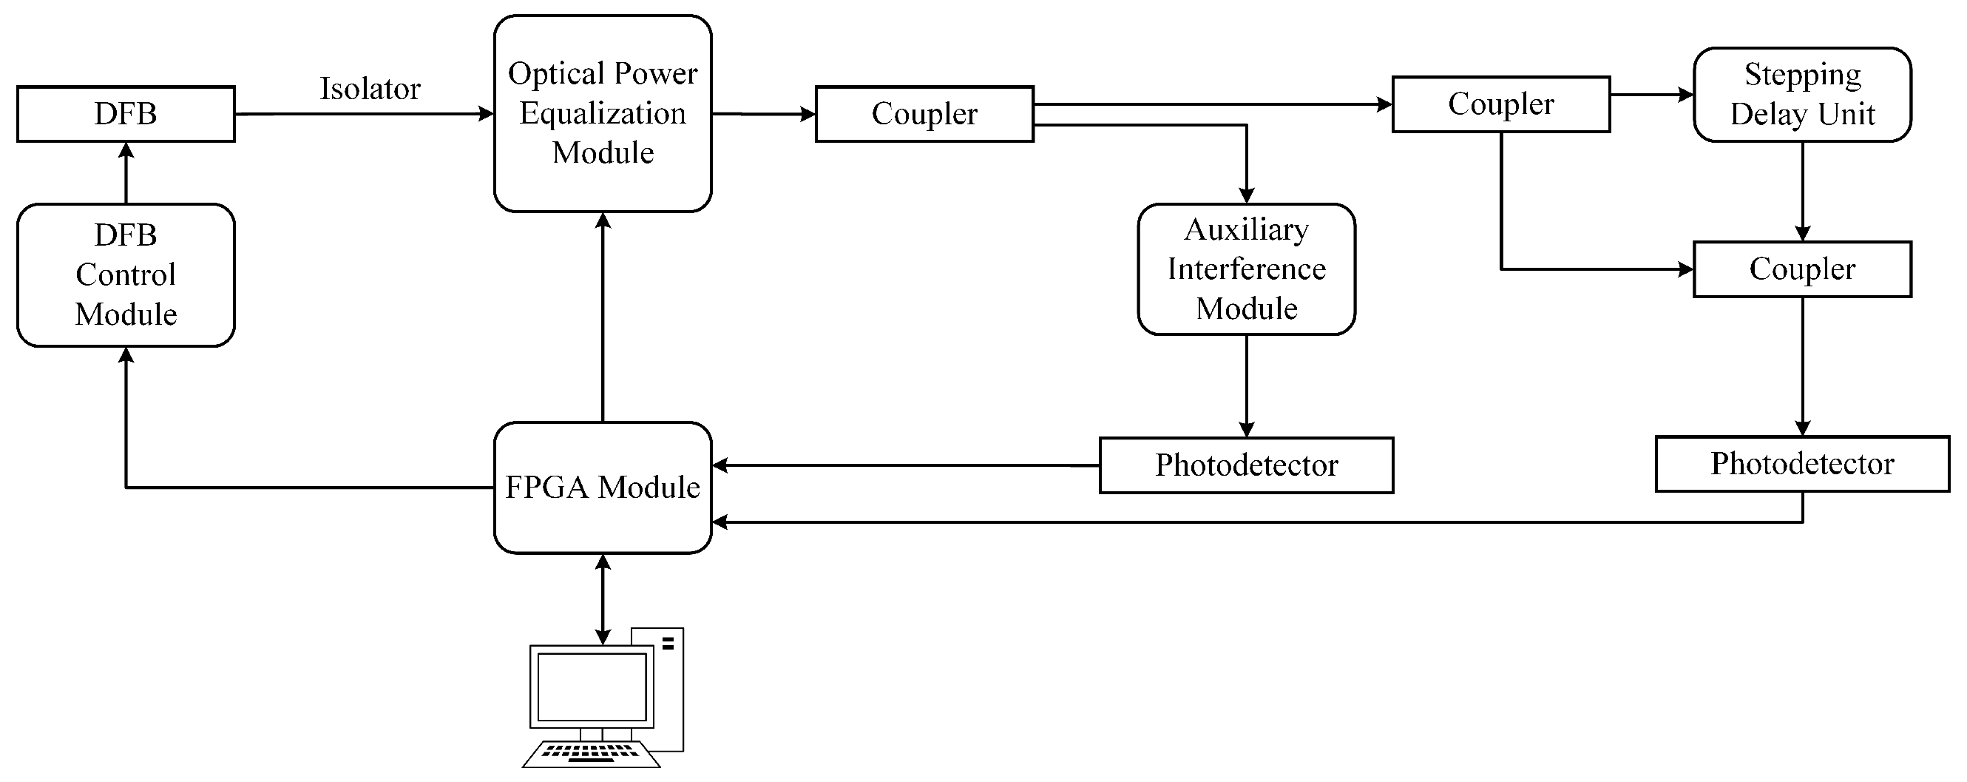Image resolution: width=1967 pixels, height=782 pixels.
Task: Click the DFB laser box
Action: click(126, 114)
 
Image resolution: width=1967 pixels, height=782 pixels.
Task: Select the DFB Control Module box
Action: click(126, 275)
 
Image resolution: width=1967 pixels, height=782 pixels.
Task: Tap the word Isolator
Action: click(370, 89)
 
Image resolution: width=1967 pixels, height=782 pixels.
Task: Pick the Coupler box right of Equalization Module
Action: click(924, 114)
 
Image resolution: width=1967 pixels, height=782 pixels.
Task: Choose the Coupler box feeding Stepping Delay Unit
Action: click(1500, 104)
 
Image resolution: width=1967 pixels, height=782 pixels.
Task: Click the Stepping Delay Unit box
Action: click(1802, 95)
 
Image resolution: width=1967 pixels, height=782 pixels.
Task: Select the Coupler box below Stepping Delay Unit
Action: click(1802, 269)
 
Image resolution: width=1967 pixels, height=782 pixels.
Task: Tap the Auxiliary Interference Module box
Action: click(1246, 269)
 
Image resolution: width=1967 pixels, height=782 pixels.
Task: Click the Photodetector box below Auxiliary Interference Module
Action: click(1246, 465)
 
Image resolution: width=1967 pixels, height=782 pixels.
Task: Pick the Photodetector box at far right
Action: click(1802, 464)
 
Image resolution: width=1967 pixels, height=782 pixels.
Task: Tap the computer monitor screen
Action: click(592, 687)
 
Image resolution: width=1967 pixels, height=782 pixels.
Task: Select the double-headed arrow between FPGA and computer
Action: click(603, 599)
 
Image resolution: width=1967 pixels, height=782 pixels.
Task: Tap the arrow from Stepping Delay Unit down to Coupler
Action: click(1802, 191)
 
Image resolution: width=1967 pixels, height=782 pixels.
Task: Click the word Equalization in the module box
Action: click(603, 113)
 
